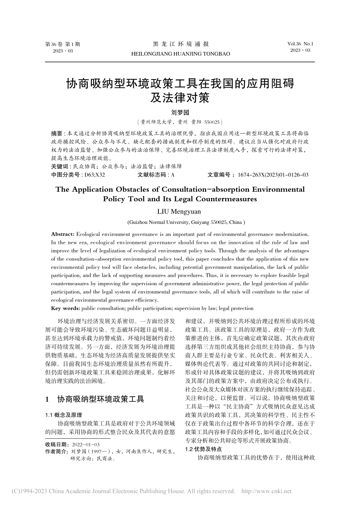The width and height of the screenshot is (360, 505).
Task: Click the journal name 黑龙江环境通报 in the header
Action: tap(180, 44)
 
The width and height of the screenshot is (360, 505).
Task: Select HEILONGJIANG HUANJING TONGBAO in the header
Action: tap(180, 54)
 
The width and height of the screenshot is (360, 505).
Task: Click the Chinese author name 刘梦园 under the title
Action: tap(180, 113)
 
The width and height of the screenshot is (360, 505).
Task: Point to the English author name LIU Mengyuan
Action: tap(180, 211)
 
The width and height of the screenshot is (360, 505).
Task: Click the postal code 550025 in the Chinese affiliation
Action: tap(212, 122)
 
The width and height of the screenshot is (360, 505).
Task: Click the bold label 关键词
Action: tap(59, 166)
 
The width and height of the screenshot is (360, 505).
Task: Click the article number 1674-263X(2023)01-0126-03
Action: tap(272, 175)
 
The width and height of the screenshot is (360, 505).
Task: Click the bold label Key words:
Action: tap(65, 308)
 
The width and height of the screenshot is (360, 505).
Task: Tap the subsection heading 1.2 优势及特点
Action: tap(203, 449)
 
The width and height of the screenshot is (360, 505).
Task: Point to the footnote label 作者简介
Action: tap(56, 452)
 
